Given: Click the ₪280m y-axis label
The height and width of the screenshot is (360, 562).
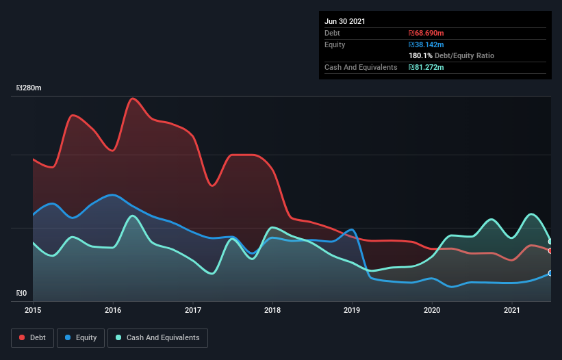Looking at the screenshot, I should (x=29, y=88).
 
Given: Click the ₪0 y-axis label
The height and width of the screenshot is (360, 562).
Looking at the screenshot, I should (x=22, y=294).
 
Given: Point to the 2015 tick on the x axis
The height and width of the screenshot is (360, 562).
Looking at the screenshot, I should (x=33, y=310).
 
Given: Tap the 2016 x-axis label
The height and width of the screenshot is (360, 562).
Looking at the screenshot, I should (x=113, y=310).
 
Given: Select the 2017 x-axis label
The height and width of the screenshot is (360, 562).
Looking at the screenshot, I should (x=193, y=310).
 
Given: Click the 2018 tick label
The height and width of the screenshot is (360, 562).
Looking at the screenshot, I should (x=272, y=310).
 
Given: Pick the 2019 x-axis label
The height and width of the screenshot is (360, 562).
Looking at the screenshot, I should (x=353, y=310).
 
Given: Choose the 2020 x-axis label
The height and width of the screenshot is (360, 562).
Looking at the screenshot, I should (x=432, y=310).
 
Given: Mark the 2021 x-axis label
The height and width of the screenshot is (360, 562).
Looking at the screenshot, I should (x=512, y=310).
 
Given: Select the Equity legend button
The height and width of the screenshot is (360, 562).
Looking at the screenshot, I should (x=81, y=337).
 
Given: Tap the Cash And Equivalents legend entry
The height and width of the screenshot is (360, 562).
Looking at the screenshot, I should (x=157, y=337).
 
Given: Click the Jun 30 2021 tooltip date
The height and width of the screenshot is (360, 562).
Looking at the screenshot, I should (x=345, y=21).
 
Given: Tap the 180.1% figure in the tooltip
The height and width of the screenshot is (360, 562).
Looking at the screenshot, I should (x=420, y=55).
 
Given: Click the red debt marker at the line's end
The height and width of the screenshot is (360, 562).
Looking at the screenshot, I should (x=550, y=250).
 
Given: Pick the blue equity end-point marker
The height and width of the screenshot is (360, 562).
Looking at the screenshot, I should (x=550, y=273).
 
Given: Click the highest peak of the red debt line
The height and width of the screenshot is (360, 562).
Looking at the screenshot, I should (x=133, y=99).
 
